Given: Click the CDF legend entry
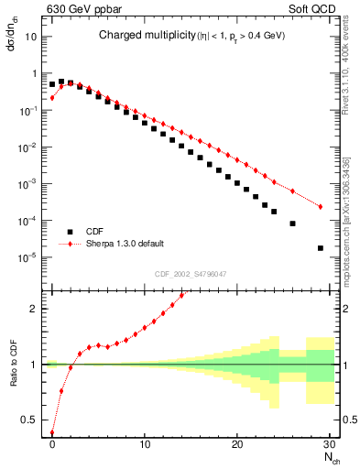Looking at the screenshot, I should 94,232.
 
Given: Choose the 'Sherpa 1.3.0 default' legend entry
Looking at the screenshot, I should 125,244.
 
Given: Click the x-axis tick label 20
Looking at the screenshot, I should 237,444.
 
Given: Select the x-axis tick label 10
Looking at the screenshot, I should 145,444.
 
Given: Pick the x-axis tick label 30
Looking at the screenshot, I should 329,444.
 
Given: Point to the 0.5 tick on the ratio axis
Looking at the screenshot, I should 31,420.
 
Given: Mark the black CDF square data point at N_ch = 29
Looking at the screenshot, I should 321,247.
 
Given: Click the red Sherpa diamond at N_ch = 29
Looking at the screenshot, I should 321,207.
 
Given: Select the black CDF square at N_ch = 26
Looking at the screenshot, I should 293,223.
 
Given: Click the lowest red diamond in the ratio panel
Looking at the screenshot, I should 52,433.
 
